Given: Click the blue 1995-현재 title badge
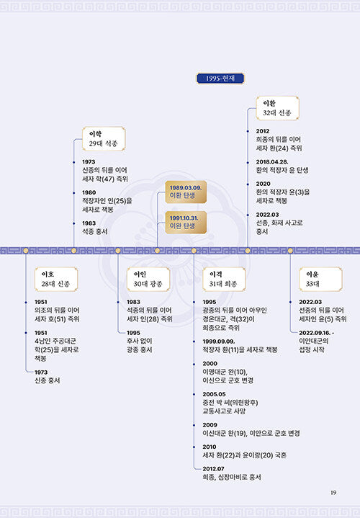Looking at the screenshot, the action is pyautogui.click(x=220, y=79).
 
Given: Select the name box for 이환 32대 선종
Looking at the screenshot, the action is pyautogui.click(x=277, y=108).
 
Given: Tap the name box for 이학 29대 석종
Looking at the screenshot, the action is pyautogui.click(x=104, y=139).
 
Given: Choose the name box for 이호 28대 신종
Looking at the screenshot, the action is pyautogui.click(x=56, y=279).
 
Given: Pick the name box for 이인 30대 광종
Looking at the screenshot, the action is pyautogui.click(x=148, y=279).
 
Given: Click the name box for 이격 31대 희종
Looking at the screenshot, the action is pyautogui.click(x=224, y=279).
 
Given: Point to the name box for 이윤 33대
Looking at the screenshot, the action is pyautogui.click(x=320, y=279).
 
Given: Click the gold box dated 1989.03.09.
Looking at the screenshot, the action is pyautogui.click(x=186, y=192).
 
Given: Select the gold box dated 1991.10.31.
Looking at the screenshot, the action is pyautogui.click(x=186, y=223).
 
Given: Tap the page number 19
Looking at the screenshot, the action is pyautogui.click(x=333, y=493).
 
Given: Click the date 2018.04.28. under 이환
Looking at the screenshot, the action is pyautogui.click(x=272, y=162).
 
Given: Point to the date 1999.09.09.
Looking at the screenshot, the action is pyautogui.click(x=219, y=341).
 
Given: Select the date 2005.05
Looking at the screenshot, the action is pyautogui.click(x=214, y=394).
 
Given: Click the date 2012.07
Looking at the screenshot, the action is pyautogui.click(x=213, y=469).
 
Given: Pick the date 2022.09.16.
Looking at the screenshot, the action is pyautogui.click(x=315, y=333).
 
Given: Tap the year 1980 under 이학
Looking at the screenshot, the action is pyautogui.click(x=89, y=192).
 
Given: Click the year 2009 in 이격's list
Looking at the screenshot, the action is pyautogui.click(x=210, y=425).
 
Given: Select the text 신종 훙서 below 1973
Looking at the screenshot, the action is pyautogui.click(x=48, y=380).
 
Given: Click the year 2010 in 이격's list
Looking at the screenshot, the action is pyautogui.click(x=210, y=447).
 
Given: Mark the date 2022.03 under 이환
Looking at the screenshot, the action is pyautogui.click(x=268, y=215).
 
